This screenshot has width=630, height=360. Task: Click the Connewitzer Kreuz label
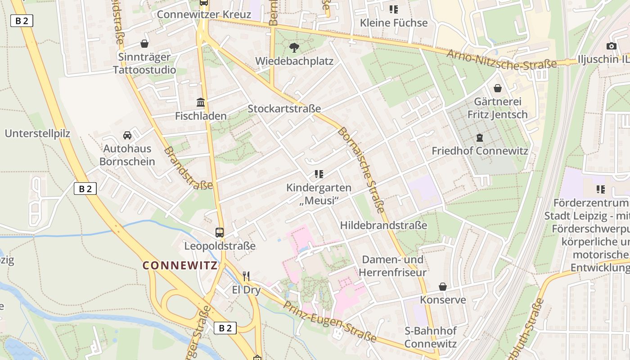tap(204, 14)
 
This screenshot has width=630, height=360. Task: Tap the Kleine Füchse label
tap(394, 22)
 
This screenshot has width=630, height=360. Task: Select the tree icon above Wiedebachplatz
tap(294, 47)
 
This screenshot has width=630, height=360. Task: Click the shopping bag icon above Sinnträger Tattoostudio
tap(144, 44)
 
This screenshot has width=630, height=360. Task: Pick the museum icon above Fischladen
tap(201, 103)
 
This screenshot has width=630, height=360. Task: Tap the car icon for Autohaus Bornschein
tap(127, 135)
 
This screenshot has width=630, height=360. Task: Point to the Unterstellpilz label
tap(37, 133)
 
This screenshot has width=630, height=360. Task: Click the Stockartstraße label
tap(284, 108)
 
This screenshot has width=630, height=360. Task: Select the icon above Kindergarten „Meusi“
tap(319, 174)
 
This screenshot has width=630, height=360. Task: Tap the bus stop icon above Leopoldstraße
tap(220, 233)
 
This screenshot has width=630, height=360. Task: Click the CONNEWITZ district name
tap(180, 265)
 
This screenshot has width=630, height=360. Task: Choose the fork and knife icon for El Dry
tap(246, 276)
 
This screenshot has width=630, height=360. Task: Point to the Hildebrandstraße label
tap(384, 225)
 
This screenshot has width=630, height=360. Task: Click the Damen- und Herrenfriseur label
tap(393, 266)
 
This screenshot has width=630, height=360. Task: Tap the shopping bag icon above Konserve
tap(443, 287)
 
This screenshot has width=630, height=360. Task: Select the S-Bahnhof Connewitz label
tap(430, 337)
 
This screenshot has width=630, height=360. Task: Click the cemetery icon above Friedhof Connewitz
tap(480, 138)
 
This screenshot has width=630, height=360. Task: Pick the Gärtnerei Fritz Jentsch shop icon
tap(498, 88)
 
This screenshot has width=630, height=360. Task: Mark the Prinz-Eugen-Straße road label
tap(329, 321)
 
